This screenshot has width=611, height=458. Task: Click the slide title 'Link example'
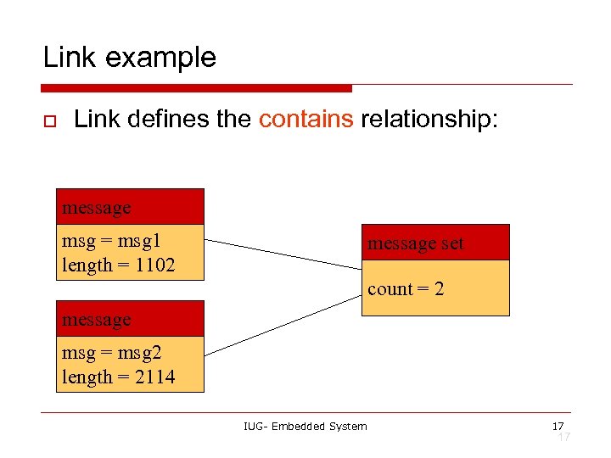pyautogui.click(x=130, y=58)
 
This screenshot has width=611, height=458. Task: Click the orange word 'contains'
pyautogui.click(x=305, y=120)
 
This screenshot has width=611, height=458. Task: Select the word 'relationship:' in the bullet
pyautogui.click(x=431, y=120)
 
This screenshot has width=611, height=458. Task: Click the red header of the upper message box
pyautogui.click(x=130, y=207)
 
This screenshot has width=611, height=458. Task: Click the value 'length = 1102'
pyautogui.click(x=118, y=265)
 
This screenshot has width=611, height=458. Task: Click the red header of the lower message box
pyautogui.click(x=130, y=319)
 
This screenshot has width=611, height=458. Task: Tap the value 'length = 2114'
pyautogui.click(x=118, y=377)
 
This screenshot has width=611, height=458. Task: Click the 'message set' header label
pyautogui.click(x=415, y=243)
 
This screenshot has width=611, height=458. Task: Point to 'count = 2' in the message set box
pyautogui.click(x=406, y=289)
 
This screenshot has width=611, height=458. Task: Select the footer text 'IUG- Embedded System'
pyautogui.click(x=305, y=426)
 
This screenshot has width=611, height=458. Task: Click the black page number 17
pyautogui.click(x=558, y=425)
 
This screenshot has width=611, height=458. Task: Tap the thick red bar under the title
pyautogui.click(x=196, y=88)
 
